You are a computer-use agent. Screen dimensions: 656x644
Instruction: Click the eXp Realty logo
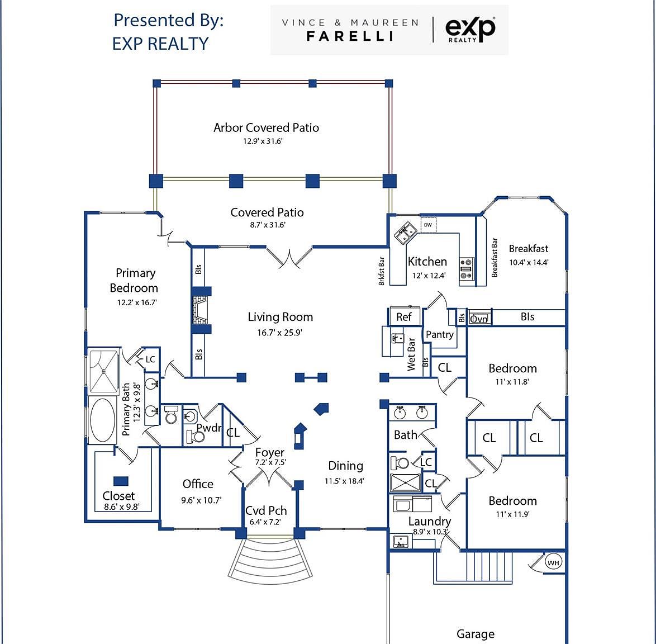pos(470,29)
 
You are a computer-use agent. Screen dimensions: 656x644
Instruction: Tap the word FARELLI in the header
pos(350,36)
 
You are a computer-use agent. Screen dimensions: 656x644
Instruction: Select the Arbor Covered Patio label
pos(266,127)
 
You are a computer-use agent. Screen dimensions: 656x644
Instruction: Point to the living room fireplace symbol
pos(201,310)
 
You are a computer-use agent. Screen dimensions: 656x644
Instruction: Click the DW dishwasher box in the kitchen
pos(428,225)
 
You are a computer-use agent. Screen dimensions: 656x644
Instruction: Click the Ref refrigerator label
pos(404,317)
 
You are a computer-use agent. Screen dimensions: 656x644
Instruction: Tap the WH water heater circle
pos(553,563)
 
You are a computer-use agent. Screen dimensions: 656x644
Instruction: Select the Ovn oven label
pos(479,319)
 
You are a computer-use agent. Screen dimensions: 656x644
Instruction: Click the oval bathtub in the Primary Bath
pos(102,420)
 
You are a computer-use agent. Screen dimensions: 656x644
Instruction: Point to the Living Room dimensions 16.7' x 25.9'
pos(280,333)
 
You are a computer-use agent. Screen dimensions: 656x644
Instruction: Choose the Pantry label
pos(440,334)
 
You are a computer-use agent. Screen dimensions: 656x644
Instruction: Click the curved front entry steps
pos(270,559)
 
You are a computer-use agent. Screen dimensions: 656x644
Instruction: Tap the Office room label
pos(198,484)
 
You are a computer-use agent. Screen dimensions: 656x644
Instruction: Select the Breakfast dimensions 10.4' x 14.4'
pos(529,263)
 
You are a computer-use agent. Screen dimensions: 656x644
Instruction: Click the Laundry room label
pos(430,522)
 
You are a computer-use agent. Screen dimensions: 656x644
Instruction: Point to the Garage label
pos(476,634)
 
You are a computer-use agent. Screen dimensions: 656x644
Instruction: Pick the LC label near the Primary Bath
pos(150,359)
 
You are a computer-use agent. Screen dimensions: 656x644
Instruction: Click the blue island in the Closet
pos(121,481)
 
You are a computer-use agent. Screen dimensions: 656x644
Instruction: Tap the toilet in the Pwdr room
pos(196,437)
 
